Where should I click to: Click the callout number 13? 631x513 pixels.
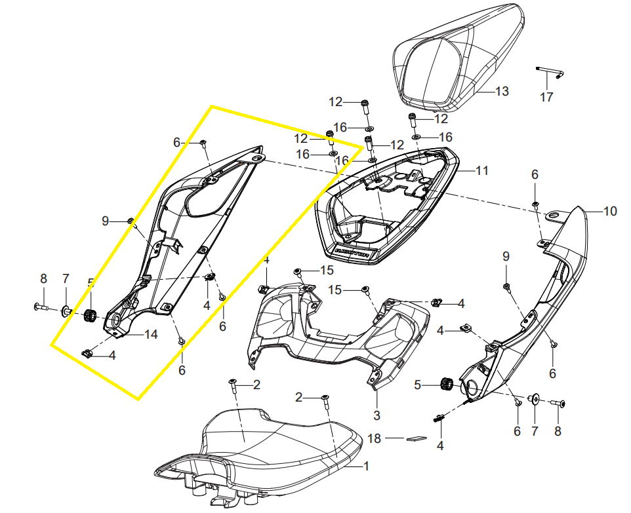click(502, 92)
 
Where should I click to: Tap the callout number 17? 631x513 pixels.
click(546, 98)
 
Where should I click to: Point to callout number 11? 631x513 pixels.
click(482, 171)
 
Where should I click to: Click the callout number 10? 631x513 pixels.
click(610, 212)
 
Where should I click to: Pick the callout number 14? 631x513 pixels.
click(151, 334)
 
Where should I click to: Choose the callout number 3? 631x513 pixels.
click(377, 415)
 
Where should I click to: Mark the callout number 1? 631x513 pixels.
click(366, 466)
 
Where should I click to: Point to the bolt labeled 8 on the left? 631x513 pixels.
click(41, 306)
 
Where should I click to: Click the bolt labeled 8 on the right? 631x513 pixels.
click(558, 405)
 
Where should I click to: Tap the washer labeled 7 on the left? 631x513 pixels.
click(67, 309)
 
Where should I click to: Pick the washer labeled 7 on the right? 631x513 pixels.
click(533, 398)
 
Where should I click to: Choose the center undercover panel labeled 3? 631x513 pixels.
click(328, 328)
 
